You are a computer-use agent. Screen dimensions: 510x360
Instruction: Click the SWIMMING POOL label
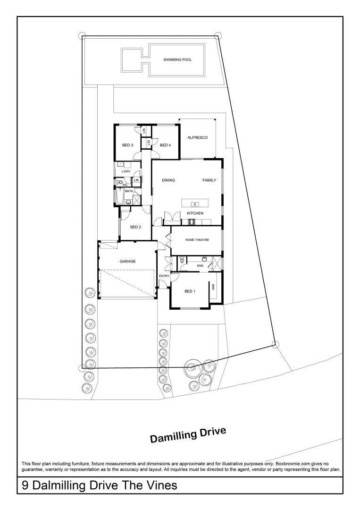pos(177,60)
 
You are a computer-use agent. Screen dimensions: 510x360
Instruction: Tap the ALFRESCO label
pos(198,137)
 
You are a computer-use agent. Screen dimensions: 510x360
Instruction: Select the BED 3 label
pos(128,145)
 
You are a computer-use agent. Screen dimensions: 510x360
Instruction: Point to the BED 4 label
pos(165,145)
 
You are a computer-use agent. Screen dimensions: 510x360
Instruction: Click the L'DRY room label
pos(126,171)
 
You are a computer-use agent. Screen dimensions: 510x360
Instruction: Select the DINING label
pos(168,180)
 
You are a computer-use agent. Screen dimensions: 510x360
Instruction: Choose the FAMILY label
pos(209,180)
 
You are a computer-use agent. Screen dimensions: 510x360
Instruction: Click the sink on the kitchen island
pos(195,204)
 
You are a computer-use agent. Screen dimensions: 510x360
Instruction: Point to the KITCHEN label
pos(195,213)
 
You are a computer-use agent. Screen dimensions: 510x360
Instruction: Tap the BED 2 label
pos(136,227)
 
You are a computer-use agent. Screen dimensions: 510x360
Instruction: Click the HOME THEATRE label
pos(197,240)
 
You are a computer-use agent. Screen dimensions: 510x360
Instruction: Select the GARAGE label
pos(127,261)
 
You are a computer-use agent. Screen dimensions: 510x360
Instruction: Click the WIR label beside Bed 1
pos(213,286)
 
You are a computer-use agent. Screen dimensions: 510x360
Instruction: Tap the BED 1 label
pos(190,291)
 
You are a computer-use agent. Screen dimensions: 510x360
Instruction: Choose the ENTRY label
pos(164,276)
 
